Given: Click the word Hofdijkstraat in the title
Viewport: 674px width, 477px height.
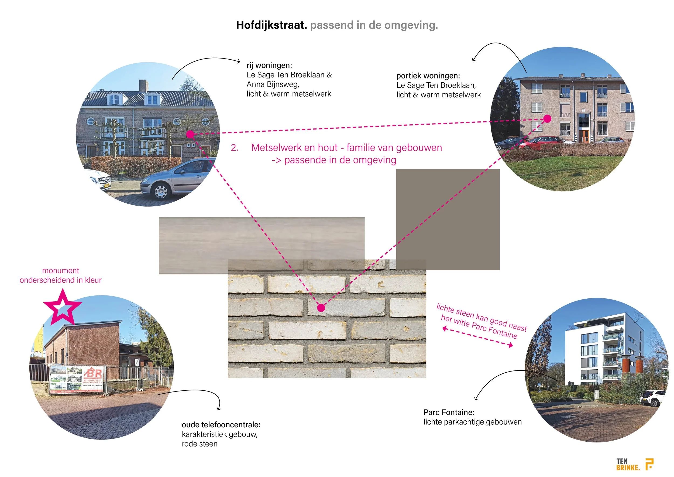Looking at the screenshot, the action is pyautogui.click(x=271, y=25).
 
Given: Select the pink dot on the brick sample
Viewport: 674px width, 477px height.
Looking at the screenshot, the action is pyautogui.click(x=321, y=308).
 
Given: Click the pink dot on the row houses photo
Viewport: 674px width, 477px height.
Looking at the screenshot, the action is pyautogui.click(x=190, y=134).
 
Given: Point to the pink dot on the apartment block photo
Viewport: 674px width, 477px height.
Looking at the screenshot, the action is pyautogui.click(x=547, y=119).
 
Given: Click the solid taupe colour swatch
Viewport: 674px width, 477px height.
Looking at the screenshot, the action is pyautogui.click(x=448, y=219).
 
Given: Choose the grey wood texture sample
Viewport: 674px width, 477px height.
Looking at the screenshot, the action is pyautogui.click(x=262, y=245).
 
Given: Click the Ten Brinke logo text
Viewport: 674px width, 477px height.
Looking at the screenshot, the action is pyautogui.click(x=628, y=464).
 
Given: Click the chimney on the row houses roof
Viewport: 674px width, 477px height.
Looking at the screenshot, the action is pyautogui.click(x=143, y=86).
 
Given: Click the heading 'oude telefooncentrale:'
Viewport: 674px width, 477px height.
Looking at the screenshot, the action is pyautogui.click(x=221, y=425).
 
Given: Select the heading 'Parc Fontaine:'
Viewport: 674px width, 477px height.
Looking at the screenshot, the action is pyautogui.click(x=449, y=412).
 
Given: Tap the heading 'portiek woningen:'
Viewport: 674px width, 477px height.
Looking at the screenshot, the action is pyautogui.click(x=428, y=76).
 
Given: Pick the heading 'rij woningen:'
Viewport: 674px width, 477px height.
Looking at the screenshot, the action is pyautogui.click(x=269, y=65).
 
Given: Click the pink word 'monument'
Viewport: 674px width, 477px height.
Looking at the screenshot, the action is pyautogui.click(x=61, y=271).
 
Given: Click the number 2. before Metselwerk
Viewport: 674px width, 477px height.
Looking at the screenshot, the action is pyautogui.click(x=234, y=148).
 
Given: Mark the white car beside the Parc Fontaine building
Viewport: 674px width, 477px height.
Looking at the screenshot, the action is pyautogui.click(x=652, y=397).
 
